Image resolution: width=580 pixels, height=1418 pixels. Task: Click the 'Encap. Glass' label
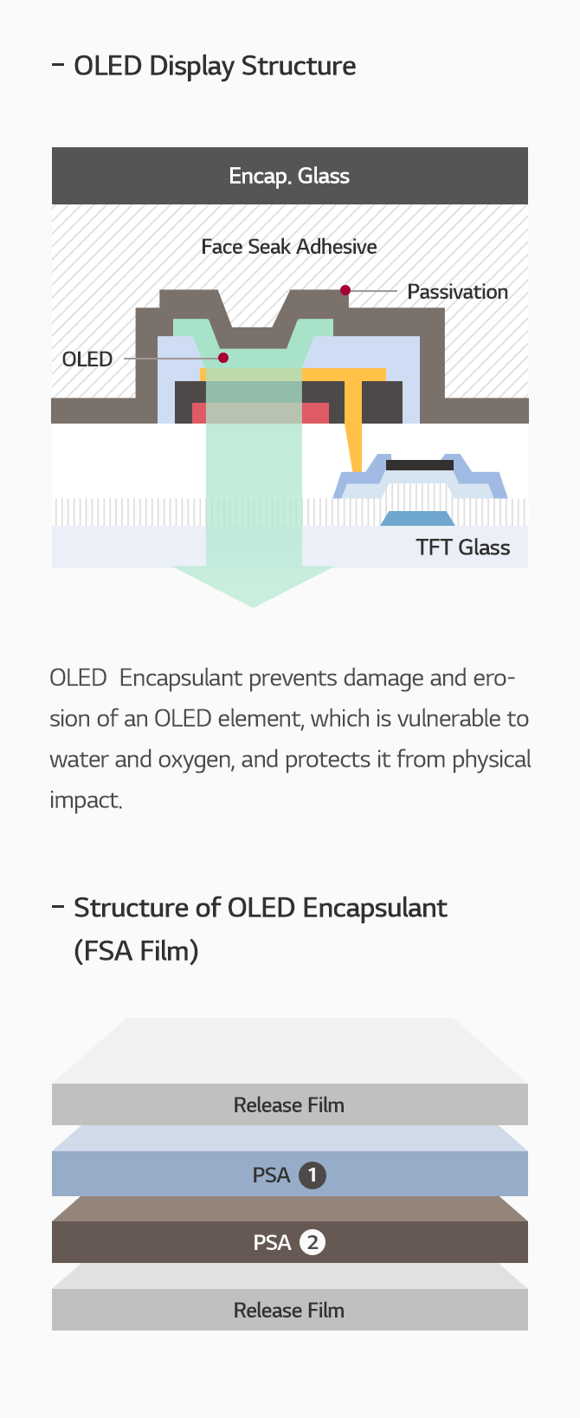[x=289, y=176]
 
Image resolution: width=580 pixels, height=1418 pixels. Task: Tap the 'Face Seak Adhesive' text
[x=289, y=247]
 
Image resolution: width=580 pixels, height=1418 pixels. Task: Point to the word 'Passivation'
[x=457, y=292]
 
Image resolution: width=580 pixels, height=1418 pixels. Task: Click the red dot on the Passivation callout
[x=345, y=290]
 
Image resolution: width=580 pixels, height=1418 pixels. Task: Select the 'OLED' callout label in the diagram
[x=87, y=359]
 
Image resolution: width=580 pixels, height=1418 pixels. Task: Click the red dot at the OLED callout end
[x=223, y=358]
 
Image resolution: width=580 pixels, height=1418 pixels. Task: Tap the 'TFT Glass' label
[x=462, y=547]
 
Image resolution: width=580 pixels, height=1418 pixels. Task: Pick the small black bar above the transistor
[x=420, y=465]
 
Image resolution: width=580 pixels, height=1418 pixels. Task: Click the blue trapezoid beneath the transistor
[x=418, y=519]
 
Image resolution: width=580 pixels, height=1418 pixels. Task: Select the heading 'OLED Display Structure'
[x=215, y=66]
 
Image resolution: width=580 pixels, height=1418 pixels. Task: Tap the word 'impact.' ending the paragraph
[x=86, y=800]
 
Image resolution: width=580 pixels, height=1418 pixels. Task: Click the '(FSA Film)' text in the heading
[x=136, y=951]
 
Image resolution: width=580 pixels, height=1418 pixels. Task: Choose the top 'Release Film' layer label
[x=289, y=1105]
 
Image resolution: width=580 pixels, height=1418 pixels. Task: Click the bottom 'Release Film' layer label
[x=289, y=1311]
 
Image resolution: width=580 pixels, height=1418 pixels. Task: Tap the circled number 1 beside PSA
[x=313, y=1175]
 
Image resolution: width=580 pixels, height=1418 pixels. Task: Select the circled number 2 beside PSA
[x=313, y=1243]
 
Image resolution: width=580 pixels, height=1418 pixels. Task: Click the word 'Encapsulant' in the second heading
[x=375, y=908]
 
